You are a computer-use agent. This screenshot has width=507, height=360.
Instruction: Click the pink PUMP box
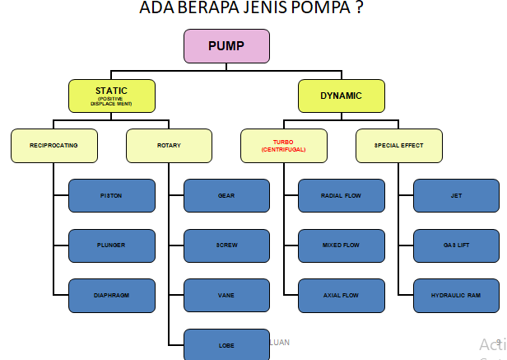[x=226, y=46]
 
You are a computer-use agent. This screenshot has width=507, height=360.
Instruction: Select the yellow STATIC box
[x=110, y=96]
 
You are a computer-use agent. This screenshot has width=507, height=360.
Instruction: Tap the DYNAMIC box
[x=341, y=96]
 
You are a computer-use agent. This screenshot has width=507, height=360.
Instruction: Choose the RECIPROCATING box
[x=53, y=146]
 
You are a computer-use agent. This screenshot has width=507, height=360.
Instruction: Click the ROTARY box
[x=169, y=146]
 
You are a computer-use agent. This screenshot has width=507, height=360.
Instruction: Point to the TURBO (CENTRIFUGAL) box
[x=283, y=146]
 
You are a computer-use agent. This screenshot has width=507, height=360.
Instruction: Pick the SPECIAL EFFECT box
[x=398, y=146]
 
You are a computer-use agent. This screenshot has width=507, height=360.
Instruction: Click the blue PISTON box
[x=111, y=196]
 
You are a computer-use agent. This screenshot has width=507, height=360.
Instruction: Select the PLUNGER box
[x=111, y=245]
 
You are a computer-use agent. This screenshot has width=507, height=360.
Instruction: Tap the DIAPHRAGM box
[x=111, y=295]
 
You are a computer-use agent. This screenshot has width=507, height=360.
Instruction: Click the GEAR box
[x=226, y=196]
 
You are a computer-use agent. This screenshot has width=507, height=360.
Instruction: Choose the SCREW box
[x=226, y=245]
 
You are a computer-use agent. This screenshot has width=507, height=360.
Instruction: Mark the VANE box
[x=226, y=295]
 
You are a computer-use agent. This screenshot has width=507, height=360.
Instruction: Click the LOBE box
[x=226, y=345]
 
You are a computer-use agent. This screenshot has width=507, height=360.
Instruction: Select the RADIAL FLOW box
[x=341, y=196]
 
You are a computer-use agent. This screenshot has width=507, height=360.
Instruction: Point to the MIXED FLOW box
[x=341, y=245]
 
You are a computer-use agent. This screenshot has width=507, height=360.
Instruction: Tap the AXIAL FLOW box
[x=341, y=295]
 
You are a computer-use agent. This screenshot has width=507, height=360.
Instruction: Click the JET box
[x=456, y=196]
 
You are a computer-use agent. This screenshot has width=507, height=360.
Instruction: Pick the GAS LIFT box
[x=456, y=245]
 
